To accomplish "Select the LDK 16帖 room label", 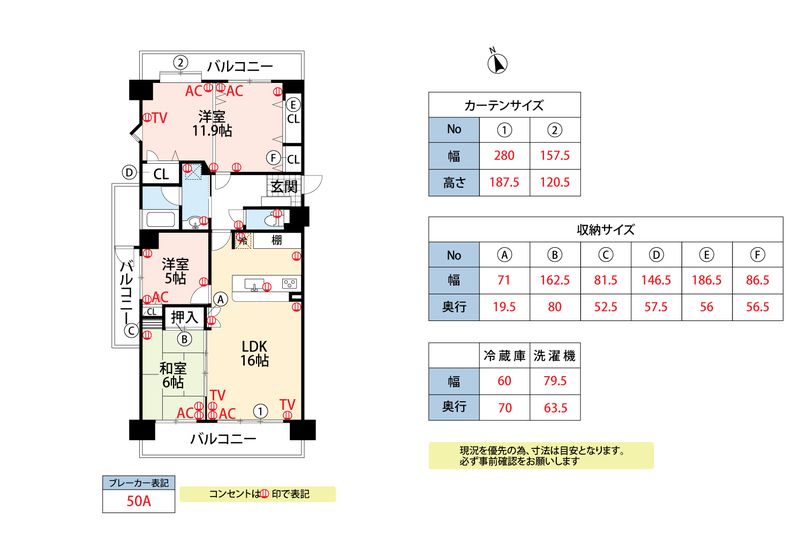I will coord(255,353).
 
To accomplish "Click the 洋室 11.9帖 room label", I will coord(213,122).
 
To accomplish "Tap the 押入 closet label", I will coord(186,318).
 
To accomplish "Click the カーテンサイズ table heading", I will coord(504,105).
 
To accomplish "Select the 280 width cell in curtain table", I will coord(505,156).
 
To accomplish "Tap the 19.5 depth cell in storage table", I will coord(505,308).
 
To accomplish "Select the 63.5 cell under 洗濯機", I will coord(554,408).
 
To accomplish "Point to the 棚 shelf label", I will coord(274,241).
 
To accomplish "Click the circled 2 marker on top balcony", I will coord(180,62).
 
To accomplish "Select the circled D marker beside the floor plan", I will coord(128,172).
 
